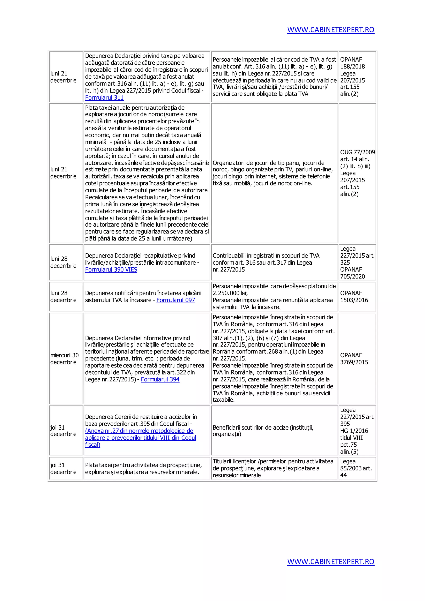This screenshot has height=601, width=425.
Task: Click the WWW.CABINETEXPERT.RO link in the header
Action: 331,30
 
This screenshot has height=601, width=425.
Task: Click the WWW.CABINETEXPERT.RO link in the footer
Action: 331,562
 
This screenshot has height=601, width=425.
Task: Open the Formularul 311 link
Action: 104,98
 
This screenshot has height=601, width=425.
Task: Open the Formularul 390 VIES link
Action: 111,270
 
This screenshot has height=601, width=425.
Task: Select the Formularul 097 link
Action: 176,300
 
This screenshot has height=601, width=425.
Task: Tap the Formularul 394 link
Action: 160,380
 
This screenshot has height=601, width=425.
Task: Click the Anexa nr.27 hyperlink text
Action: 139,431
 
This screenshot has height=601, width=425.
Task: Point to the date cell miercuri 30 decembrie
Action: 64,359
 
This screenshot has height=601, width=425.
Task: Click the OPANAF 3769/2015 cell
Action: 354,359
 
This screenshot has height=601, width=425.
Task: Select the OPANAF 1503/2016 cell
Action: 354,297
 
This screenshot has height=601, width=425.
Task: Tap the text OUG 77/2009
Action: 357,152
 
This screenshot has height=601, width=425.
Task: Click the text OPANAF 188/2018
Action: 352,63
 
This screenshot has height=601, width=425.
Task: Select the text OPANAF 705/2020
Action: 352,273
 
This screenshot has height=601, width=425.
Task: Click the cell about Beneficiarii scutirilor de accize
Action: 263,431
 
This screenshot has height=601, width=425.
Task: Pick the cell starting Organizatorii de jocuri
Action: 272,173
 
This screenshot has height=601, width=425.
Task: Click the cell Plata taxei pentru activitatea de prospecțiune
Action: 143,468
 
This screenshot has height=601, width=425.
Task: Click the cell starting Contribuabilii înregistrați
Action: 266,263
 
